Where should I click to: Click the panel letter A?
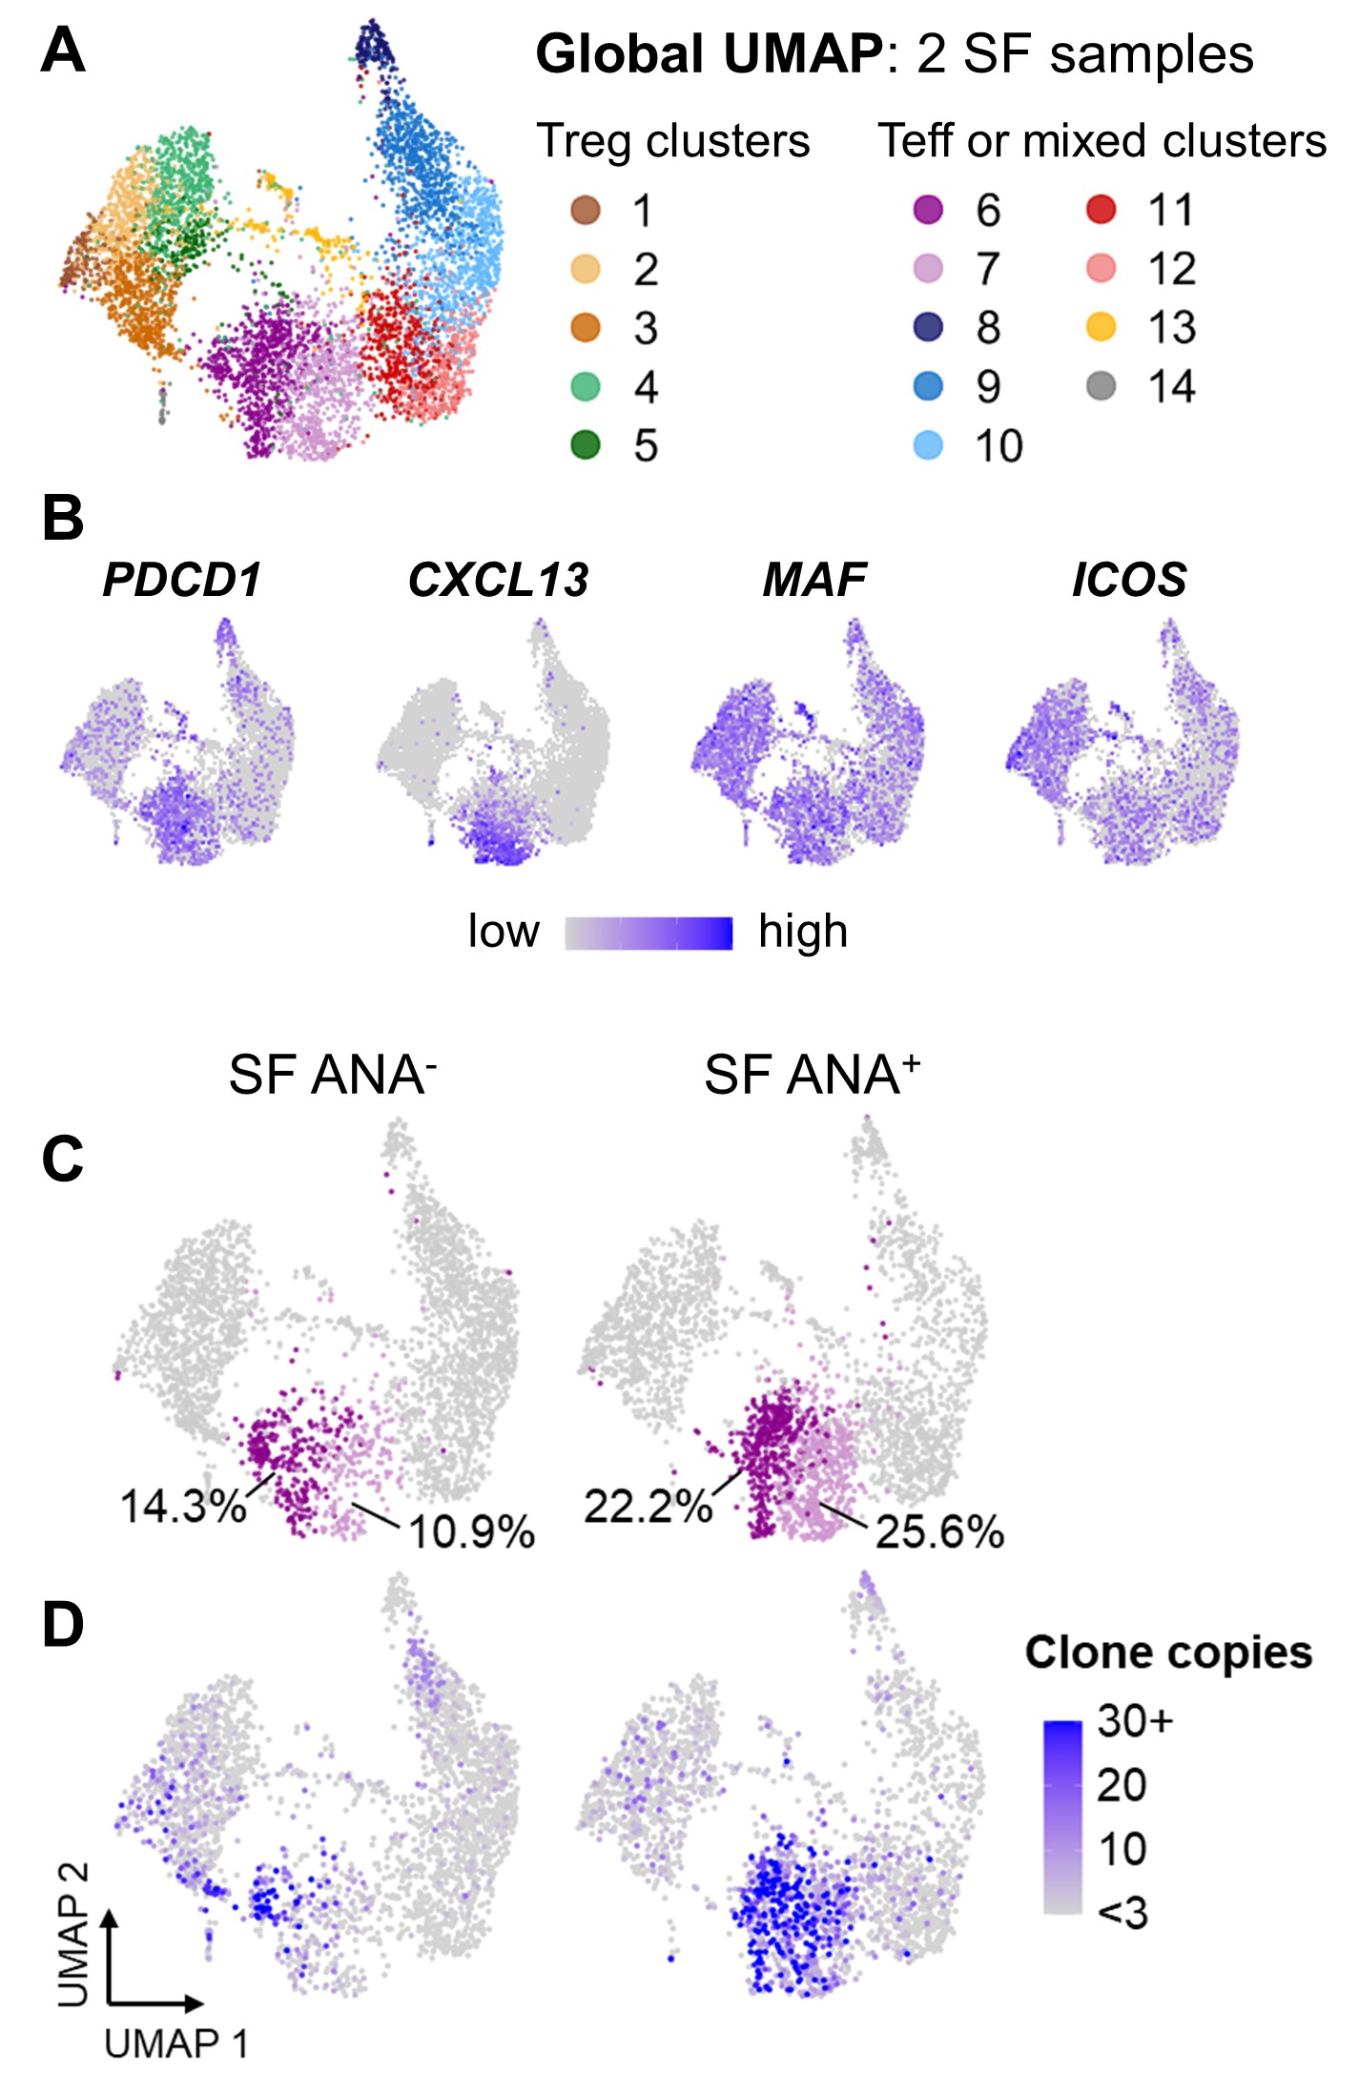[x=63, y=51]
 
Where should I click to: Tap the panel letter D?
[x=63, y=1626]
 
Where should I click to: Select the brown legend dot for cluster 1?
[x=586, y=210]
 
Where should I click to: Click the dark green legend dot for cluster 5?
[x=586, y=444]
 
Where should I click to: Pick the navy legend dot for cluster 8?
[x=928, y=327]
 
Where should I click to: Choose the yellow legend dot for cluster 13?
[x=1101, y=327]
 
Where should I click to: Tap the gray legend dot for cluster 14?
[x=1101, y=386]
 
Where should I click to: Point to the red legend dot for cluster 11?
[x=1101, y=210]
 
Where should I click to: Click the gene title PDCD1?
[x=181, y=580]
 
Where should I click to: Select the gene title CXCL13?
[x=498, y=580]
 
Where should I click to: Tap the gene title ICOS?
[x=1129, y=580]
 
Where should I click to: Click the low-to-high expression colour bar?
[x=649, y=933]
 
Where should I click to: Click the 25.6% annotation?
[x=939, y=1531]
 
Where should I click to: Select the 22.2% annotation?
[x=648, y=1507]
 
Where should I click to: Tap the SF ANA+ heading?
[x=812, y=1076]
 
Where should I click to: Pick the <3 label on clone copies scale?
[x=1122, y=1913]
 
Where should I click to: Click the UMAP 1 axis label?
[x=176, y=2043]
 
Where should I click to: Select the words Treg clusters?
[x=672, y=141]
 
